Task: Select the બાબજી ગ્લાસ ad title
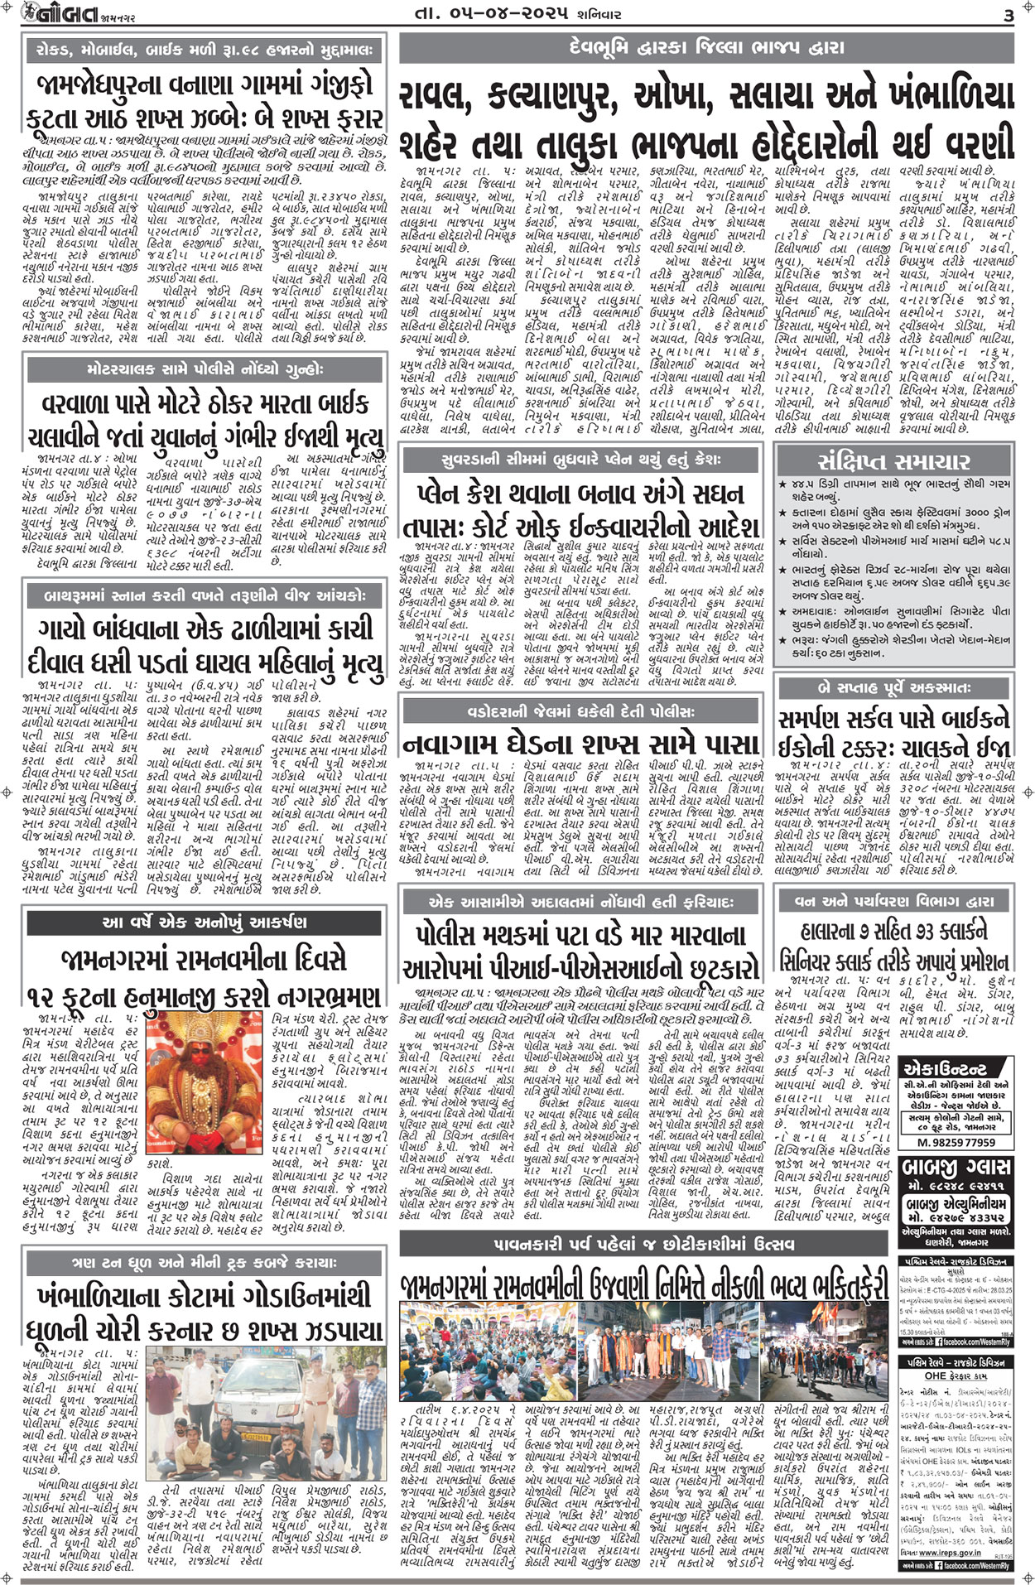(956, 1168)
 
